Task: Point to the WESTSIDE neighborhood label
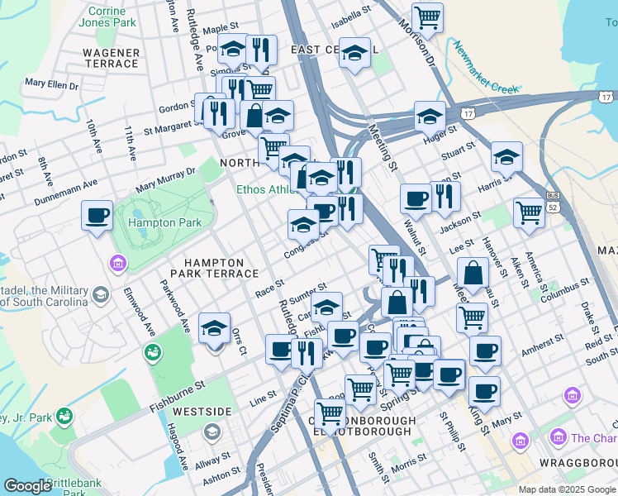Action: tap(202, 411)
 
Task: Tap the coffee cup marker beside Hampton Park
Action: tap(97, 216)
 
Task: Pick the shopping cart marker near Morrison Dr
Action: tap(427, 17)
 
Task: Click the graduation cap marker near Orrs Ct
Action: tap(214, 328)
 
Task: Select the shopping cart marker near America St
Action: tap(528, 212)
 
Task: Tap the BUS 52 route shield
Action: tap(552, 200)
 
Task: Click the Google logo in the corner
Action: tap(27, 486)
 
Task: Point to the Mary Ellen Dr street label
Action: tap(51, 83)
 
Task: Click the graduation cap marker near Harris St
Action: tap(506, 155)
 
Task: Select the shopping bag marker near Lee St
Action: tap(473, 272)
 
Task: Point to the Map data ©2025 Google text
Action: tap(567, 489)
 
